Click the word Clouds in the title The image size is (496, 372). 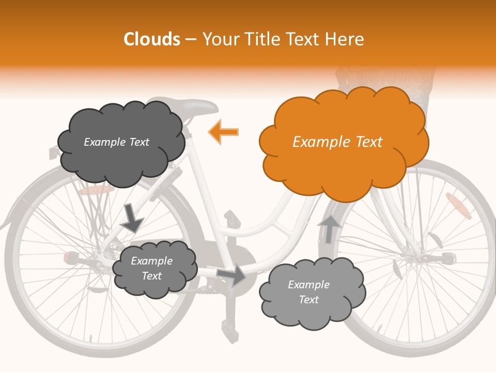(x=151, y=39)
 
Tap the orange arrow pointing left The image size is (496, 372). (x=224, y=132)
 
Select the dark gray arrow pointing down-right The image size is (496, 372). (x=131, y=218)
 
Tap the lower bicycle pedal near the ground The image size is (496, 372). (x=227, y=326)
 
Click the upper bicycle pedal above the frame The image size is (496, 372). (x=233, y=219)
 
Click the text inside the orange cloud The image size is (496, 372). (x=337, y=142)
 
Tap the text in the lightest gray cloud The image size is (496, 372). (x=308, y=292)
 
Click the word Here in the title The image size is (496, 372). (x=346, y=39)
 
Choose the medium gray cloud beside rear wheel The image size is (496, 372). (x=154, y=268)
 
